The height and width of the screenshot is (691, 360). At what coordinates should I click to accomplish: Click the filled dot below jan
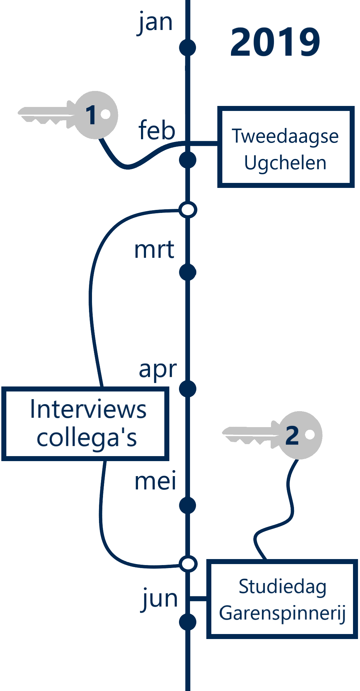[188, 48]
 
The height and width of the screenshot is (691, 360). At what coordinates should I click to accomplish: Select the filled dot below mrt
[188, 272]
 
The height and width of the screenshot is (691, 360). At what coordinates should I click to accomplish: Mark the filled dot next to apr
[188, 389]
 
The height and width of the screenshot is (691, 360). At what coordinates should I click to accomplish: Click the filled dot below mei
[188, 505]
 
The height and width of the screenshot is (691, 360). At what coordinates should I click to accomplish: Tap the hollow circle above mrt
[188, 210]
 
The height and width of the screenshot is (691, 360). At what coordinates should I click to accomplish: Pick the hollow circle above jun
[188, 564]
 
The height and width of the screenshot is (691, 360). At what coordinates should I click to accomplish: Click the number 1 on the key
[91, 115]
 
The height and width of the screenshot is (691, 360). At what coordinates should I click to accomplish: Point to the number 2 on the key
[292, 435]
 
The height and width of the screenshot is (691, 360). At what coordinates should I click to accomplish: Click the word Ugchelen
[285, 163]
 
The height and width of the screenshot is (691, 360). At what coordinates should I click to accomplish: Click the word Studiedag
[283, 587]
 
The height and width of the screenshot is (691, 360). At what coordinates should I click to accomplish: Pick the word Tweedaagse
[285, 136]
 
